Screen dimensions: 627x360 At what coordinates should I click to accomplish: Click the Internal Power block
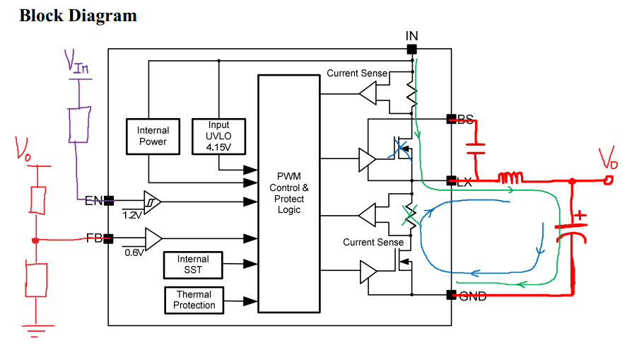click(153, 137)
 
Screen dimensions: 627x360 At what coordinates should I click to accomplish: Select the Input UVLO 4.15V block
click(218, 137)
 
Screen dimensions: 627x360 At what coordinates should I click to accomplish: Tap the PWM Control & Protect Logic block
click(289, 194)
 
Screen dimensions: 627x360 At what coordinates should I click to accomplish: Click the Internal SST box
click(193, 265)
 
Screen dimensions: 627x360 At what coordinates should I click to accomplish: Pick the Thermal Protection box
click(194, 300)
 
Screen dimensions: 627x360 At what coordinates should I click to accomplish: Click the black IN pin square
click(411, 50)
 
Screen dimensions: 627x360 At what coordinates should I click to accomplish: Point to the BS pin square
click(451, 119)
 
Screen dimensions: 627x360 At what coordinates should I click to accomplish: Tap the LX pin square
click(451, 181)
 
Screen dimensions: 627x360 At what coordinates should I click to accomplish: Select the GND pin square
click(451, 295)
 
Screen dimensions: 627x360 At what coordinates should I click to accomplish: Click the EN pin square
click(109, 200)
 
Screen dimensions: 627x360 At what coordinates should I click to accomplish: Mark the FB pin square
click(108, 239)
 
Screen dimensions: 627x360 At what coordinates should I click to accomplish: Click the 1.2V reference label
click(132, 215)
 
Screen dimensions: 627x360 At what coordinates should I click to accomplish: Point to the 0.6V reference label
click(134, 252)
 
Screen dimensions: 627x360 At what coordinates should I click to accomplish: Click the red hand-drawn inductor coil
click(510, 178)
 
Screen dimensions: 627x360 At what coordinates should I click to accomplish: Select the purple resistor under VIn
click(80, 124)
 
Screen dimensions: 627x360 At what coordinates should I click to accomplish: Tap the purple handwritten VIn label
click(76, 62)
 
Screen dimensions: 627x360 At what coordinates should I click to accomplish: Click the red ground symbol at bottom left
click(36, 331)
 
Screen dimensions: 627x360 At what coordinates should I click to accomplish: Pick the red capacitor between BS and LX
click(476, 149)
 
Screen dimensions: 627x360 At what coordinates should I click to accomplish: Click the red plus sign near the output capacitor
click(580, 216)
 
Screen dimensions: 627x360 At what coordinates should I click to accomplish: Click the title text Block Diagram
click(78, 16)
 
